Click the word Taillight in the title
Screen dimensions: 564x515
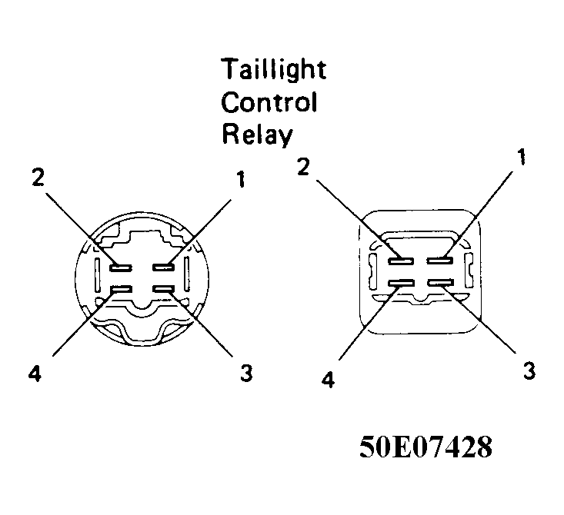tap(274, 69)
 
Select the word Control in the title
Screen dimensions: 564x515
tap(269, 102)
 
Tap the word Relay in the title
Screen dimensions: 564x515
tap(257, 135)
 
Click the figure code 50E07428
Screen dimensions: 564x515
tap(426, 447)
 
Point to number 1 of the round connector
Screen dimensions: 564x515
tap(240, 179)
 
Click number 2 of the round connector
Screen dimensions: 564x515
tap(38, 177)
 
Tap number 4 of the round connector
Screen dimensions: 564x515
tap(35, 375)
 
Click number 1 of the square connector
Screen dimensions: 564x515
tap(521, 157)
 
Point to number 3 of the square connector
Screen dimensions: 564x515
tap(529, 370)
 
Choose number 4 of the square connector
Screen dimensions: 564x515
tap(328, 379)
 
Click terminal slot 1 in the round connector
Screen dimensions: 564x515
tap(164, 267)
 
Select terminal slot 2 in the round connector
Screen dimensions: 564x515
tap(121, 267)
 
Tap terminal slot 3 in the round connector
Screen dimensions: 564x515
tap(164, 288)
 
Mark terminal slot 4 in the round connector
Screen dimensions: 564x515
tap(122, 288)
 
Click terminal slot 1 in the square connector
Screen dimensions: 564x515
tap(440, 261)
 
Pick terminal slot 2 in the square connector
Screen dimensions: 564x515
tap(401, 261)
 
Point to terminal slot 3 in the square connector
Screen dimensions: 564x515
tap(441, 283)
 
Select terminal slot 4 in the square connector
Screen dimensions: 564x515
tap(401, 283)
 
